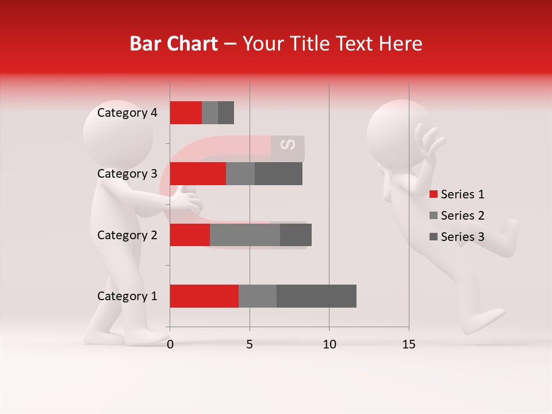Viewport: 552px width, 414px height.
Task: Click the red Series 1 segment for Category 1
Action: pos(204,296)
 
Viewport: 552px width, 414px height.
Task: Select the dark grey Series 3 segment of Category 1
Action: pos(316,296)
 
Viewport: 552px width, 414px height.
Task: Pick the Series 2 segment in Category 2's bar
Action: pos(245,235)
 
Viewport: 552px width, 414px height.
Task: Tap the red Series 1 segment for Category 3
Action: pos(198,174)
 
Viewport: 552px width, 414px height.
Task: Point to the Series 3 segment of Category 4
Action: pos(226,113)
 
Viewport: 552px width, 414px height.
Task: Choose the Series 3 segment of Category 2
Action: pos(296,235)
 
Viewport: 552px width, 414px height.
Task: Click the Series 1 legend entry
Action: pos(457,194)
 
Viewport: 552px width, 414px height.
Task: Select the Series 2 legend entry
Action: pos(457,216)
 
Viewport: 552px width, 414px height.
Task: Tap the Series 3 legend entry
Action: pos(457,237)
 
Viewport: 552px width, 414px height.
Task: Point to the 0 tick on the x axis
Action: pos(170,344)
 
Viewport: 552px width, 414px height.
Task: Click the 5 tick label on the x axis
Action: pos(250,344)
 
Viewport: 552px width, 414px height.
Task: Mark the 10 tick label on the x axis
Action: pos(329,344)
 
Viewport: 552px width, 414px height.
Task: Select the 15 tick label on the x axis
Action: pos(409,344)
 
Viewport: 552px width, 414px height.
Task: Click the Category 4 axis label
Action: pos(127,113)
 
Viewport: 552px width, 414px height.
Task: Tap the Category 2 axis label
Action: pos(127,235)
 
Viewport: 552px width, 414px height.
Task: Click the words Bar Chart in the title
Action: pos(174,44)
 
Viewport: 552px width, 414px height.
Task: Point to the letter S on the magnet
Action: pos(287,145)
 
